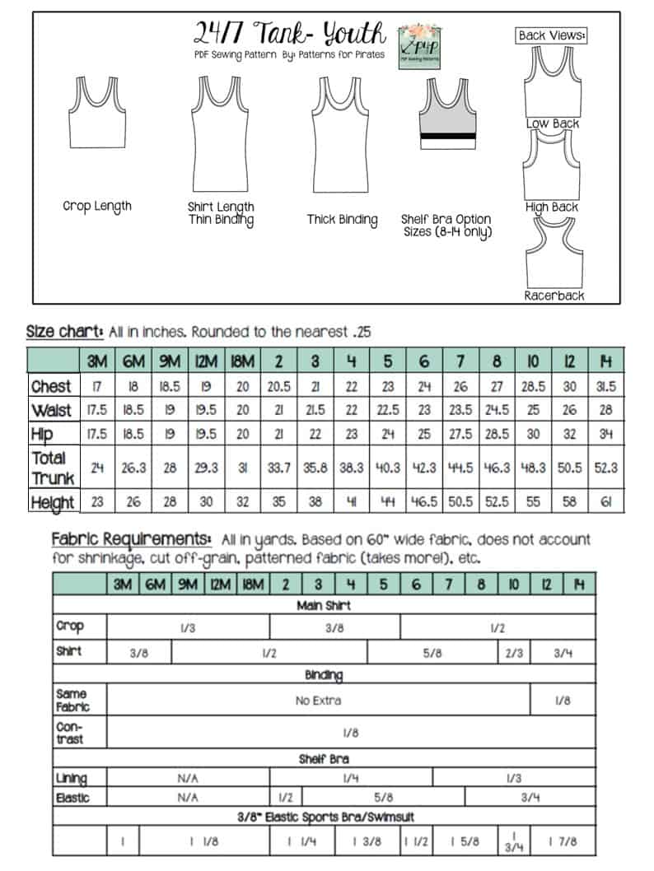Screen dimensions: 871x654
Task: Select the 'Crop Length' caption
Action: click(x=96, y=206)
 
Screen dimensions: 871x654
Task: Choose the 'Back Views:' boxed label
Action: click(x=551, y=35)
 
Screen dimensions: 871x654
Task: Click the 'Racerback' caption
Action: click(x=554, y=295)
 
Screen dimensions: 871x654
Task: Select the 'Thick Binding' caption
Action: click(x=342, y=220)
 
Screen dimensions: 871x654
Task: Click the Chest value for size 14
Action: click(x=606, y=386)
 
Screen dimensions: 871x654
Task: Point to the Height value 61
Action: click(x=606, y=501)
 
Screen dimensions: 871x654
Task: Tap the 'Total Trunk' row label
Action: click(x=53, y=467)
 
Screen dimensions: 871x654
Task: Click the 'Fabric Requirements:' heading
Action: click(x=131, y=539)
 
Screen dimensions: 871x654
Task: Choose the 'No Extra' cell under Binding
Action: click(x=318, y=701)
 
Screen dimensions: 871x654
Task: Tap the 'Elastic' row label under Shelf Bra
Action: click(x=71, y=797)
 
